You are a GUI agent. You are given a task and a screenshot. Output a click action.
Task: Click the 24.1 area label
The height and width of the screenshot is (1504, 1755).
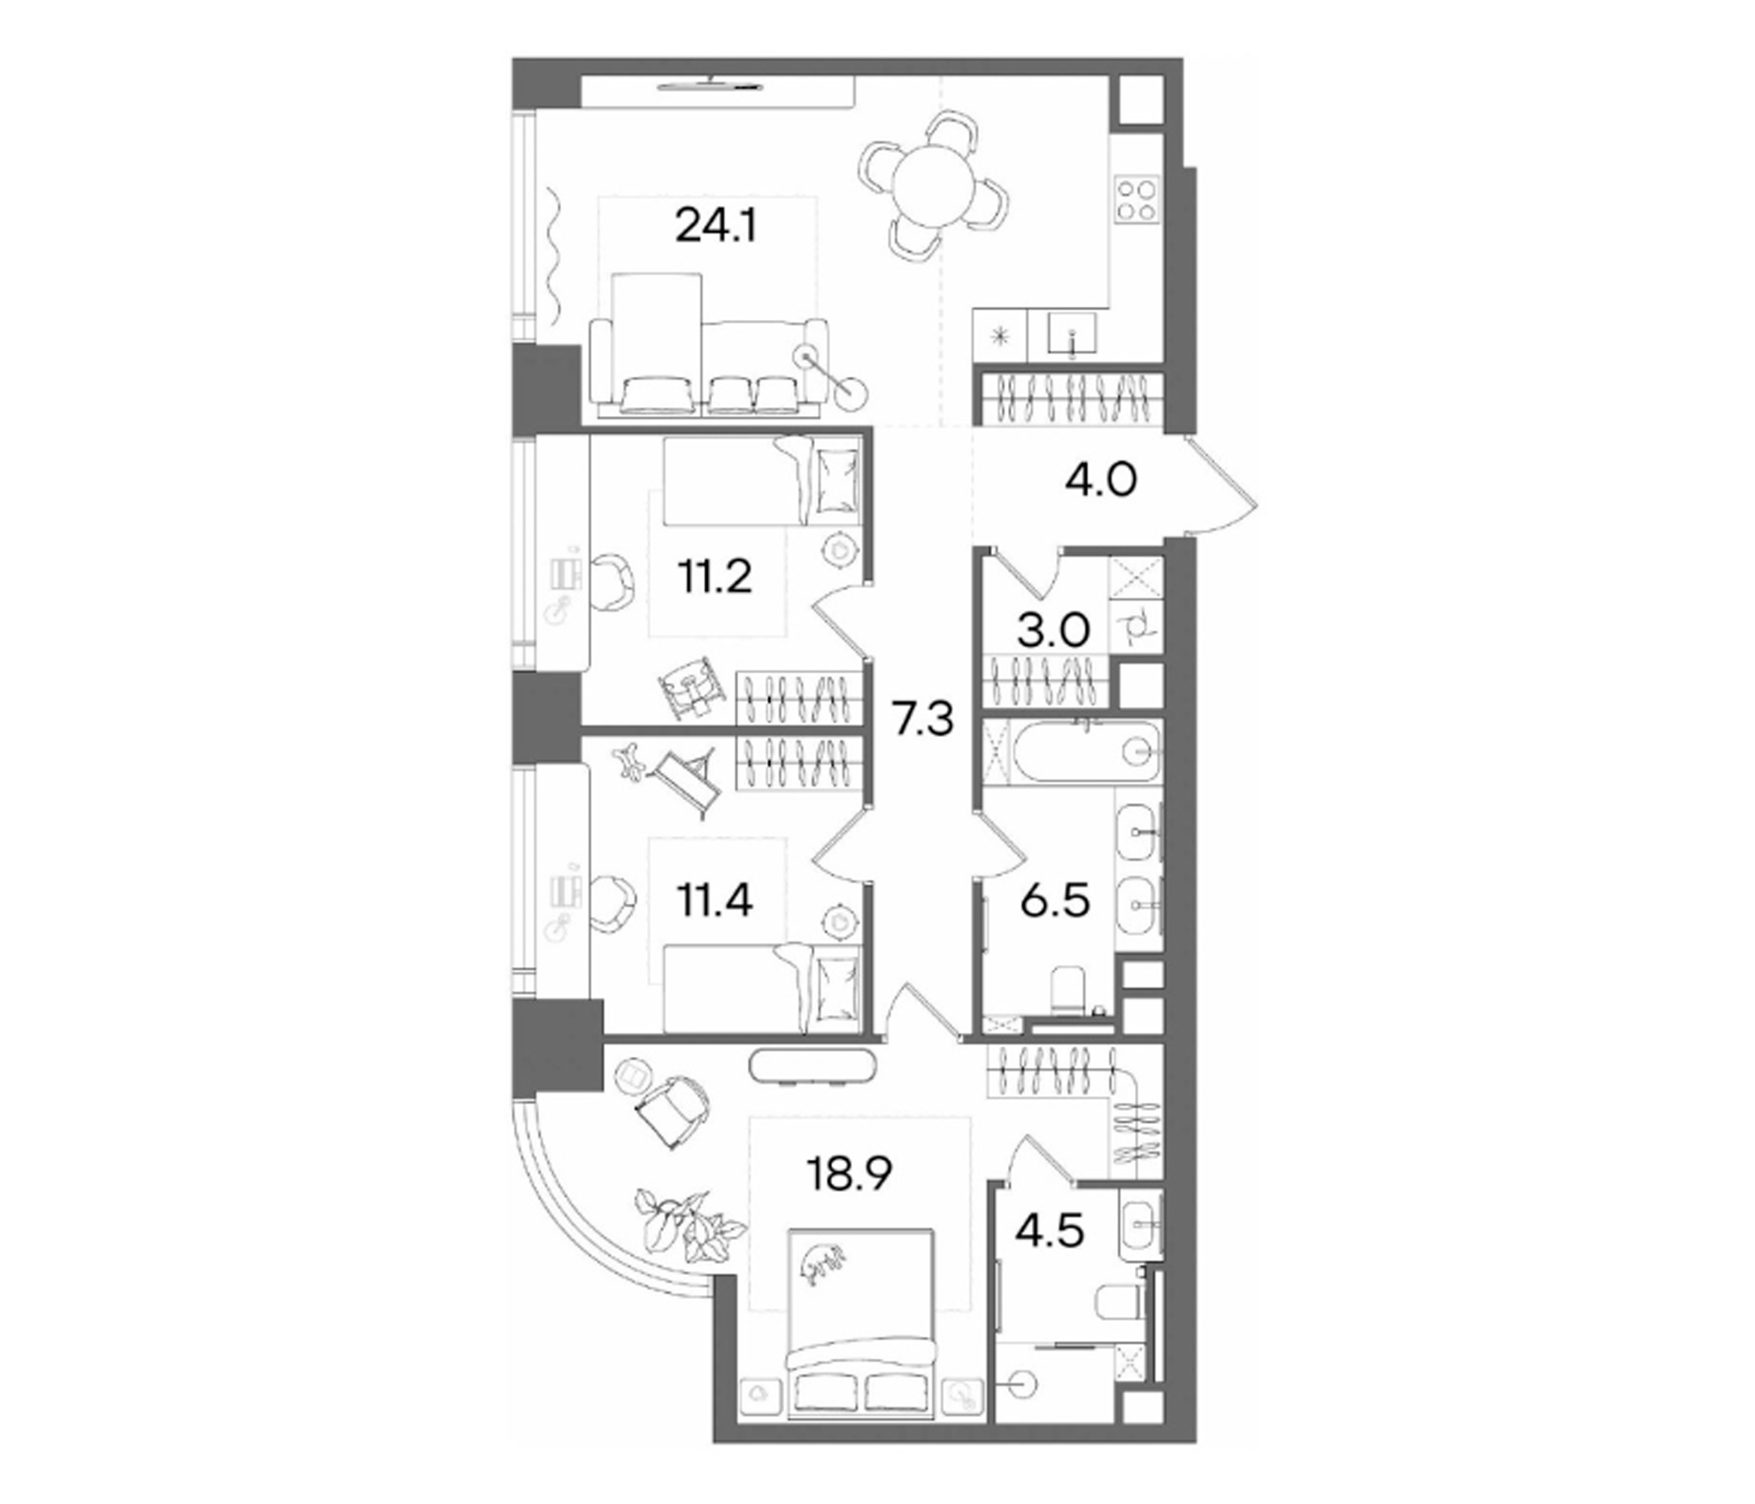[715, 226]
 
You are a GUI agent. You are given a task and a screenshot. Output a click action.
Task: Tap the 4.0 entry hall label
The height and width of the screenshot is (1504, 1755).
[1100, 481]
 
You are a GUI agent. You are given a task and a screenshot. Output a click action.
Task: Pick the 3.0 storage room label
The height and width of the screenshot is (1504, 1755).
[1053, 631]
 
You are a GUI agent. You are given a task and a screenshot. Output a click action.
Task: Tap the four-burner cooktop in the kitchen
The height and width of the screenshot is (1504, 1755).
[1136, 200]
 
